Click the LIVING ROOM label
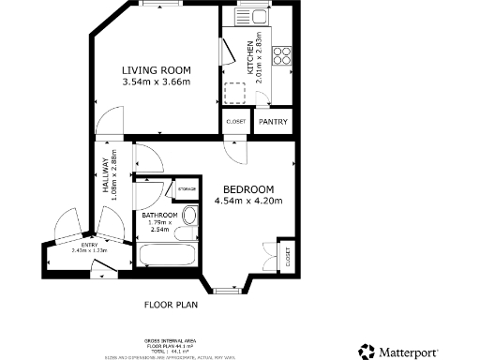tap(157, 70)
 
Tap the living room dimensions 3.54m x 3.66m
tap(157, 82)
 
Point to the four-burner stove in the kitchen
tap(278, 55)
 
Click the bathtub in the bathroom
tap(168, 255)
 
